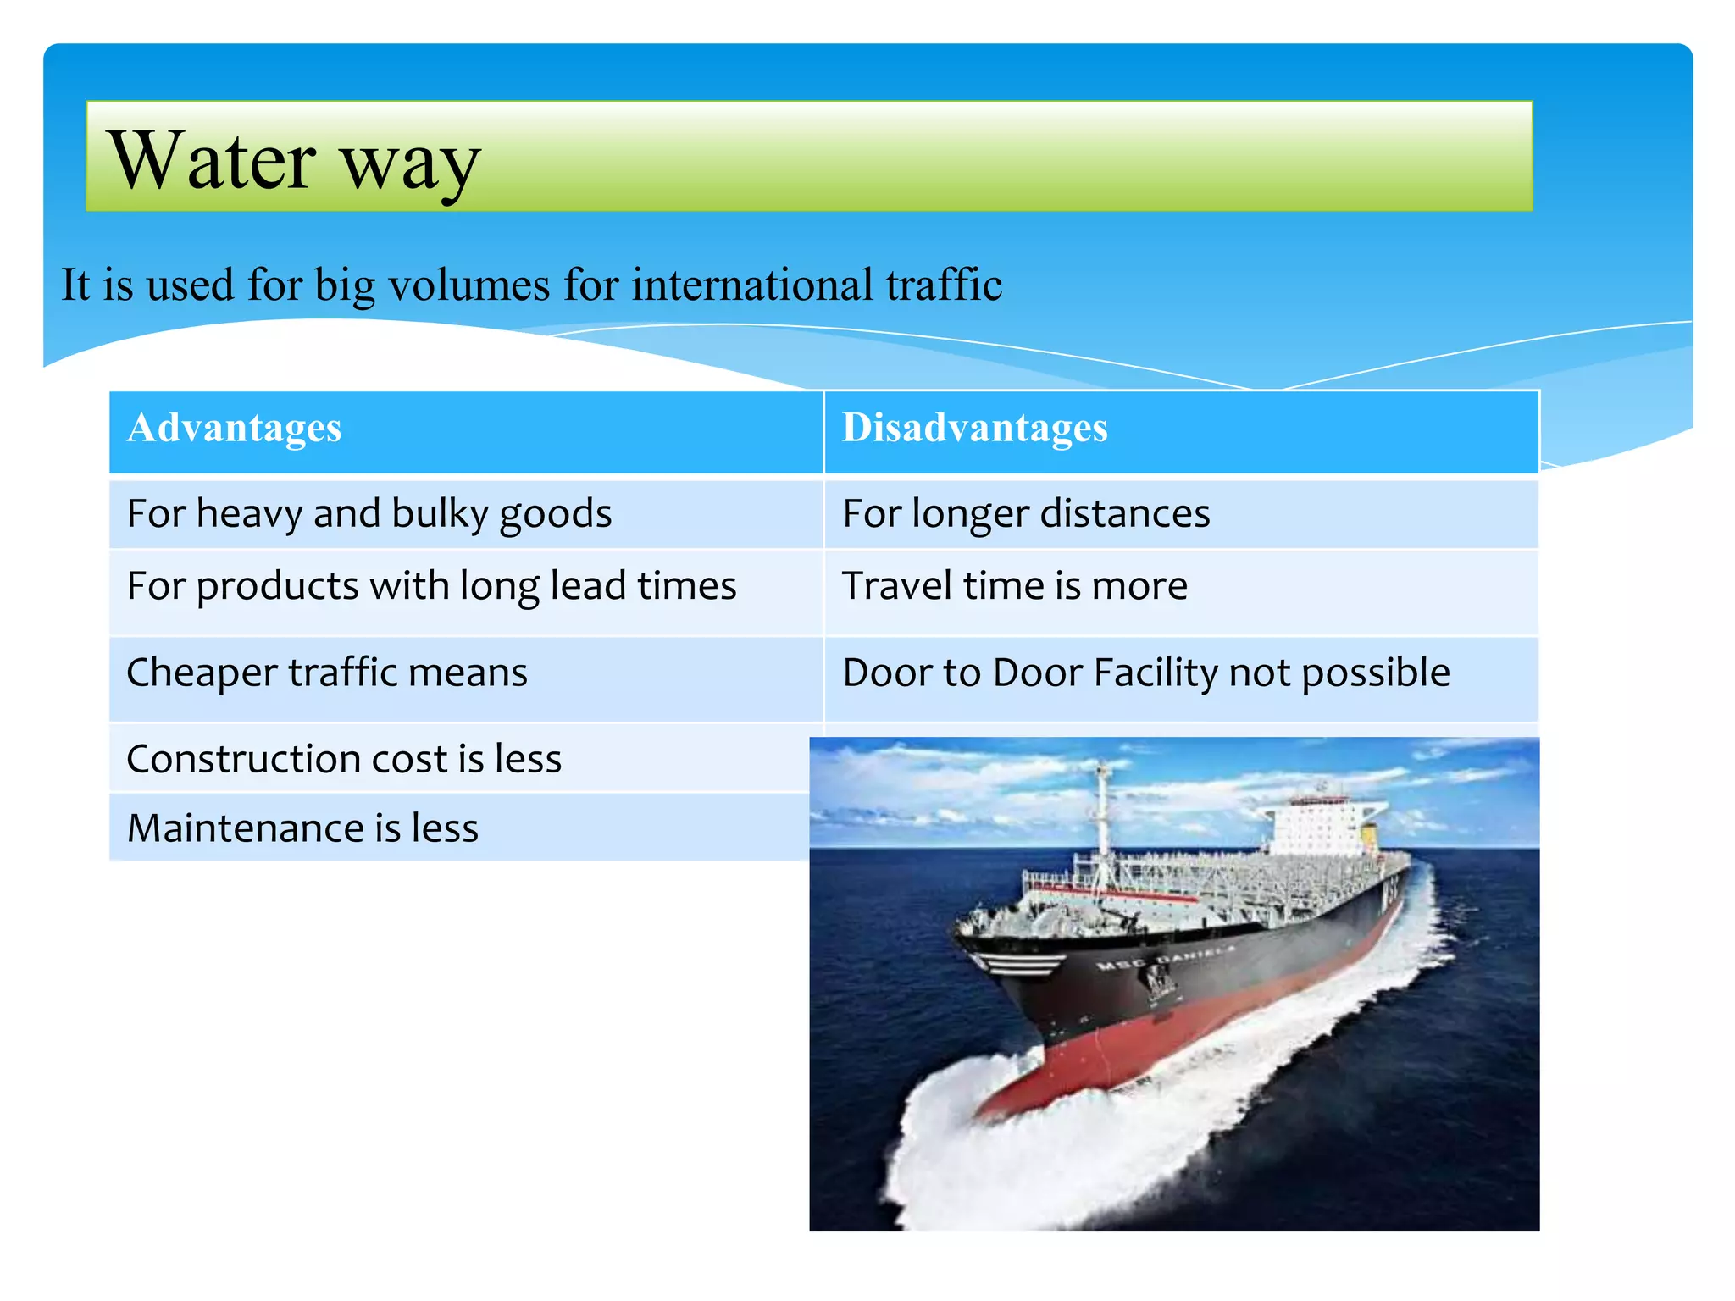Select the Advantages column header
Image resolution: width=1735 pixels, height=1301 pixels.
234,428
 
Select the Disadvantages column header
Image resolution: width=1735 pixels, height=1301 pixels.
974,428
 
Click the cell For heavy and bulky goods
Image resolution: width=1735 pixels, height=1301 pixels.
369,514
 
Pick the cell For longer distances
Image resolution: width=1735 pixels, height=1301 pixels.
1026,514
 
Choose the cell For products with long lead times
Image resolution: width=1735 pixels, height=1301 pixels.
431,586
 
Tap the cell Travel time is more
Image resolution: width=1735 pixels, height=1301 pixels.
1015,586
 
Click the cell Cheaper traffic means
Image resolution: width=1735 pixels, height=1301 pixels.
327,673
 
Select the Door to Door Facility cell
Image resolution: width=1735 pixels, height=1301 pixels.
1145,673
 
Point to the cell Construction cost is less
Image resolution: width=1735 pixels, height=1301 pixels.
344,759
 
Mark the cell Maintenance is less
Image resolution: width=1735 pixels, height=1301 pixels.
302,828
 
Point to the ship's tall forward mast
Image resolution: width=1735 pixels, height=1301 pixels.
1102,813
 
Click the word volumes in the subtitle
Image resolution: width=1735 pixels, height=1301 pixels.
470,285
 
